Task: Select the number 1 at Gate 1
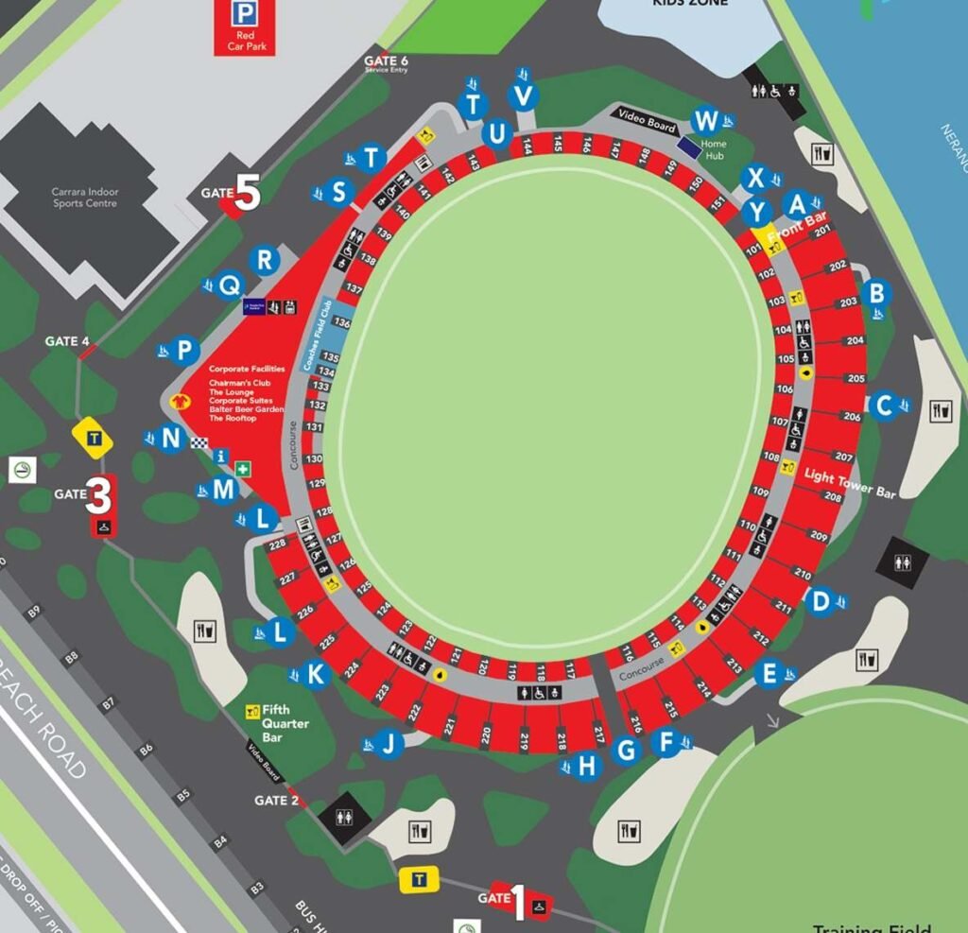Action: (517, 901)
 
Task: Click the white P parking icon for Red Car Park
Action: (244, 13)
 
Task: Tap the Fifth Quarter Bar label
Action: (285, 723)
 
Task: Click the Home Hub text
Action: (713, 149)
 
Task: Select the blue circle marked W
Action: (705, 121)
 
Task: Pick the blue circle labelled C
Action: (884, 406)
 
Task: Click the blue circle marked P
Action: (185, 351)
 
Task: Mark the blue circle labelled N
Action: (171, 439)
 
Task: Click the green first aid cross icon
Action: (244, 469)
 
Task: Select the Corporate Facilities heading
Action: (247, 369)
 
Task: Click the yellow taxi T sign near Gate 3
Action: (94, 438)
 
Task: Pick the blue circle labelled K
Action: (318, 674)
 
